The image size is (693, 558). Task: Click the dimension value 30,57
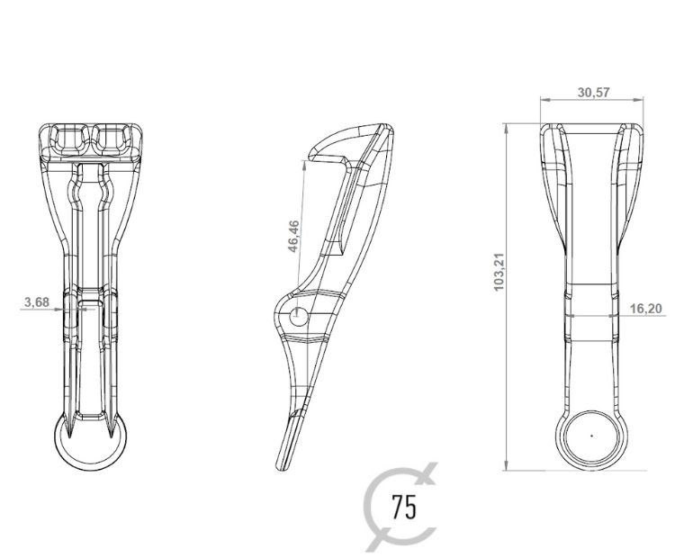591,92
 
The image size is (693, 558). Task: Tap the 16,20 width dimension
645,309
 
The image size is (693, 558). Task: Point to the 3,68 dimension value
36,301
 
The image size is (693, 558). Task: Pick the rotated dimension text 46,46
293,237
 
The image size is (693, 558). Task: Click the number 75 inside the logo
404,507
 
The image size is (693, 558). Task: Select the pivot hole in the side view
299,315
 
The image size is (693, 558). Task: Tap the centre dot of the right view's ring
591,434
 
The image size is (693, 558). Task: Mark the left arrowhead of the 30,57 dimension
541,101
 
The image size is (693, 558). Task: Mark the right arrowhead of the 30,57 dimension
643,101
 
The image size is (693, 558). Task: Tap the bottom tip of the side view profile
280,466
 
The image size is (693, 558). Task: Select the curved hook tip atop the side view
310,158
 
